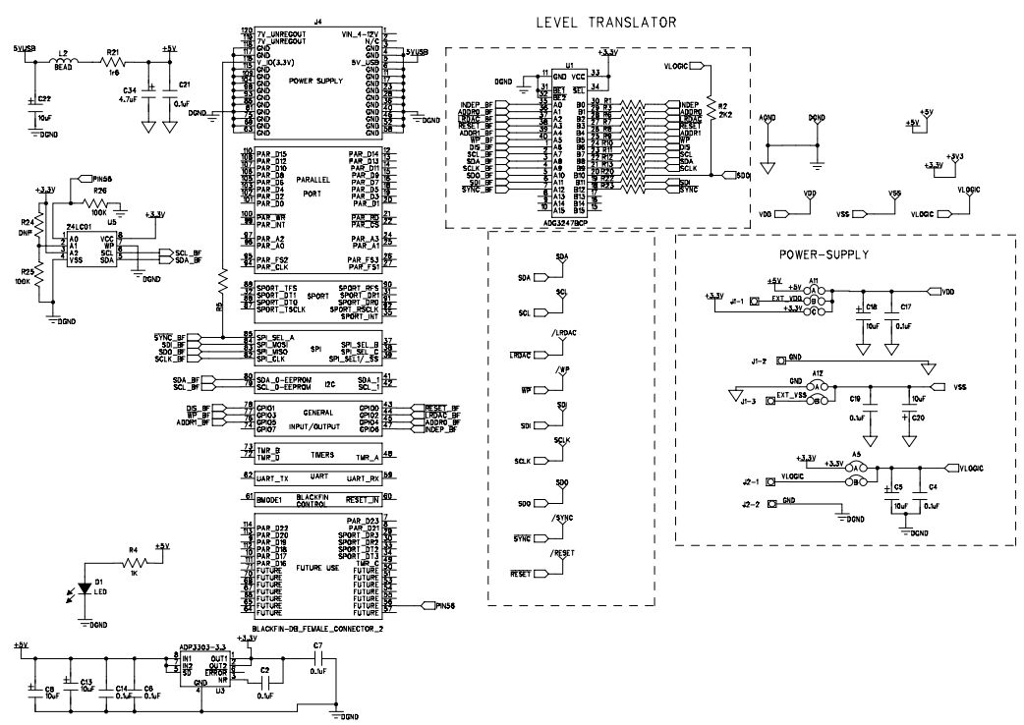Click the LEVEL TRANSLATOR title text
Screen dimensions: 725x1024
[x=605, y=22]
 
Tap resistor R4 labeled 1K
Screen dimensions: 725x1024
[x=134, y=562]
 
